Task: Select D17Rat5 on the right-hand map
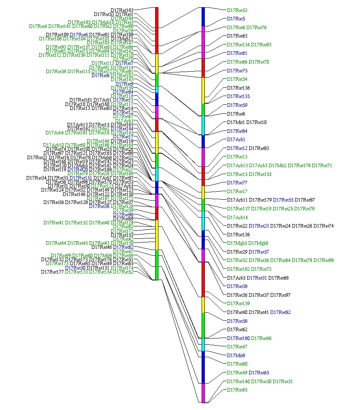pos(236,19)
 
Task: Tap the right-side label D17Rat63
pos(237,36)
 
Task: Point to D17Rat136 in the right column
pos(238,88)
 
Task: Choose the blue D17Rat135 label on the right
pos(238,96)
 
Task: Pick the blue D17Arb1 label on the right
pos(236,140)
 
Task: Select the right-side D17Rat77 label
pos(237,183)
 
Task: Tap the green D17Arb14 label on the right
pos(237,218)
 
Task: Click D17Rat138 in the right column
pos(238,235)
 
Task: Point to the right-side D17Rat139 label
pos(238,304)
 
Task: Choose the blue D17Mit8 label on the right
pos(236,355)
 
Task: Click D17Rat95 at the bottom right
pos(237,390)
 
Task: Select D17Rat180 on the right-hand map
pos(238,338)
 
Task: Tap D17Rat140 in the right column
pos(238,382)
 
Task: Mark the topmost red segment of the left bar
pos(157,30)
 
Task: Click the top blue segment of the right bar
pos(204,16)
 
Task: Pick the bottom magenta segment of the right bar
pos(204,393)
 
